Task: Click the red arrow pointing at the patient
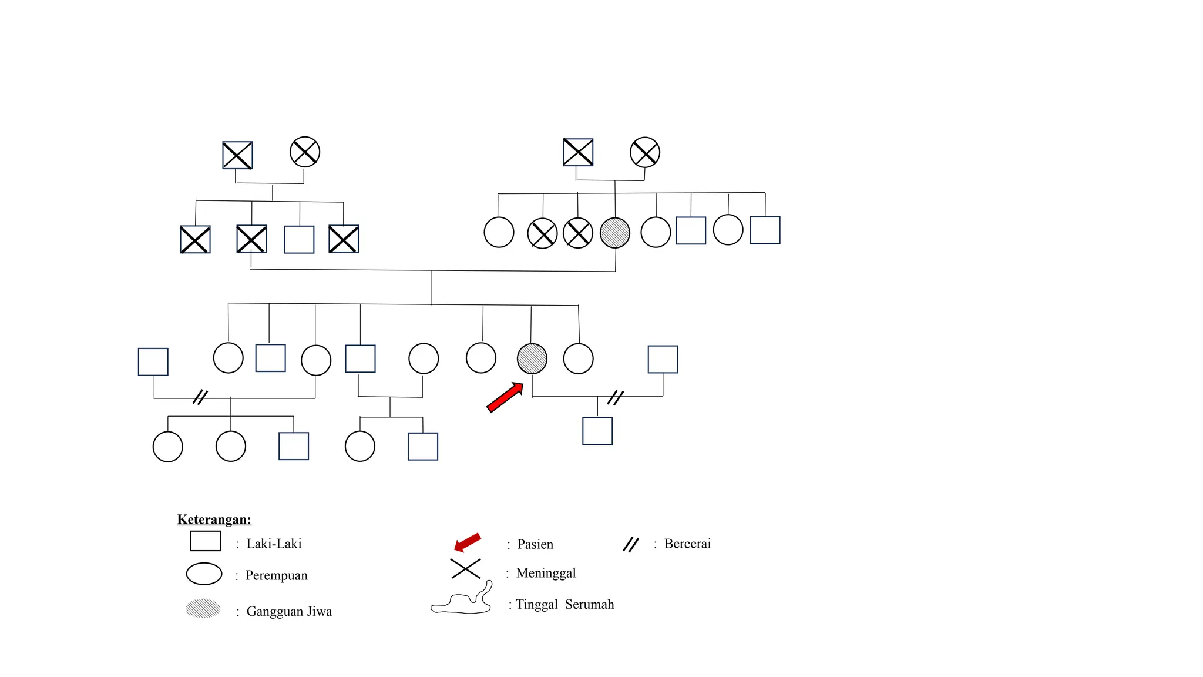pos(505,397)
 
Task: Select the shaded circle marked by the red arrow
pos(532,358)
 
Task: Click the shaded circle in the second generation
pos(615,233)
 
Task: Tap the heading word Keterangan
pos(214,520)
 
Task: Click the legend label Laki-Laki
pos(274,544)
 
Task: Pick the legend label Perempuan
pos(276,575)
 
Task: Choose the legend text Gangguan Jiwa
pos(289,611)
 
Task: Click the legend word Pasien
pos(535,544)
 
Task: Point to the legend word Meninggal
pos(546,573)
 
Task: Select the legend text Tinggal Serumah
pos(564,604)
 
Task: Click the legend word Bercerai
pos(687,544)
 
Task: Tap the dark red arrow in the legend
pos(468,542)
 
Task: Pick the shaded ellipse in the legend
pos(203,608)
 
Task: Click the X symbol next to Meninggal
pos(465,569)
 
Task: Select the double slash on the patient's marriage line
pos(615,398)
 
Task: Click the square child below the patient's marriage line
pos(597,431)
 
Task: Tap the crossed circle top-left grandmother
pos(305,152)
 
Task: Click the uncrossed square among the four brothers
pos(299,240)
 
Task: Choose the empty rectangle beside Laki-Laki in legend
pos(206,541)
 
